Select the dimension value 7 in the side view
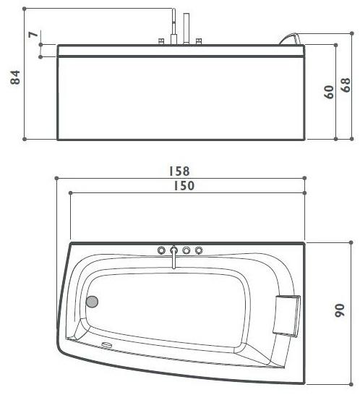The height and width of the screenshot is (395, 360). tap(32, 35)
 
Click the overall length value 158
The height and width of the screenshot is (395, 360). tap(179, 171)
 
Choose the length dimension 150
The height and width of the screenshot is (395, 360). tap(184, 186)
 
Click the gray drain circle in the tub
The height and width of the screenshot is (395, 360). tap(92, 302)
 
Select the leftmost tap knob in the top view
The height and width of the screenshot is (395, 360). tap(160, 250)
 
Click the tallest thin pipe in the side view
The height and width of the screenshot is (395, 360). tap(173, 25)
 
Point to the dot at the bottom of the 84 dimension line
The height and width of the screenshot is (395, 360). tap(25, 139)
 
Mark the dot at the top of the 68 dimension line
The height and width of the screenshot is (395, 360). tap(337, 44)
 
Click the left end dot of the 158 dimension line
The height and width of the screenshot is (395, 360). tap(56, 177)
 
